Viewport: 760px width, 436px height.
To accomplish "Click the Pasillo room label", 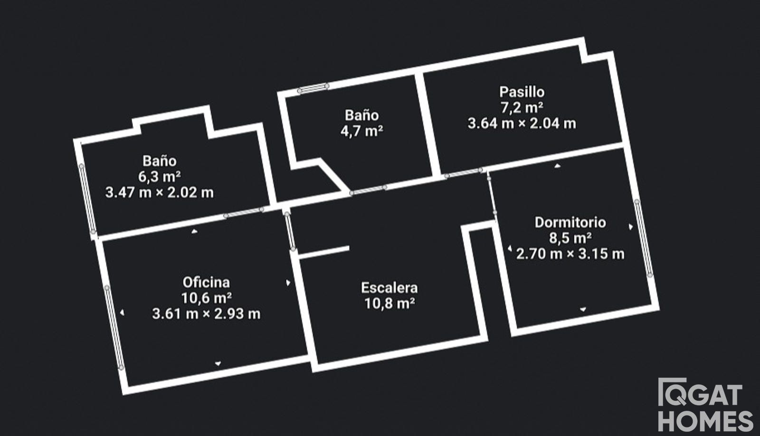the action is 522,92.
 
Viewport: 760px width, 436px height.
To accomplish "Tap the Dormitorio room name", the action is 570,223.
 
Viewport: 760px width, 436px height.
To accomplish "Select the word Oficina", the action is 206,283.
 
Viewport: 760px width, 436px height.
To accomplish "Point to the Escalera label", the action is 389,288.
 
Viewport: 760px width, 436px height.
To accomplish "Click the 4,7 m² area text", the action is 361,131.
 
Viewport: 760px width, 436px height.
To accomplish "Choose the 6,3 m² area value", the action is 159,176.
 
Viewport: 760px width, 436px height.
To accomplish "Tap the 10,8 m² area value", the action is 389,304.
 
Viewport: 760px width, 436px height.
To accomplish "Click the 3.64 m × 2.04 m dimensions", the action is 522,123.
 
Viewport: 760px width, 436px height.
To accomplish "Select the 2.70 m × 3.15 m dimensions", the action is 570,254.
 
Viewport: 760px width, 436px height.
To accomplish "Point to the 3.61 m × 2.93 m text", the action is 206,314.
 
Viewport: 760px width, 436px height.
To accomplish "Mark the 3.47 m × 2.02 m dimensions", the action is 160,193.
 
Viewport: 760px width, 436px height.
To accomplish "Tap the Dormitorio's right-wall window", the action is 643,238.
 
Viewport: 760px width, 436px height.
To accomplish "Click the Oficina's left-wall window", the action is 114,327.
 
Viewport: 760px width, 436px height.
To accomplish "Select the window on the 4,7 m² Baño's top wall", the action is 313,88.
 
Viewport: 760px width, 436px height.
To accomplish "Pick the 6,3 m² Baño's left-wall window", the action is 87,199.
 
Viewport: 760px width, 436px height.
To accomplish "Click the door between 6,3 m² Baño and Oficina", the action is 244,213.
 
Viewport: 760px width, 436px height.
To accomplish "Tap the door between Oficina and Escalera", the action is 290,232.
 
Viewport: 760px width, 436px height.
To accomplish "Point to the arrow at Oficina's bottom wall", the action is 218,363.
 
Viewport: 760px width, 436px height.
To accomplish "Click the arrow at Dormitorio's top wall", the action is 557,166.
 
